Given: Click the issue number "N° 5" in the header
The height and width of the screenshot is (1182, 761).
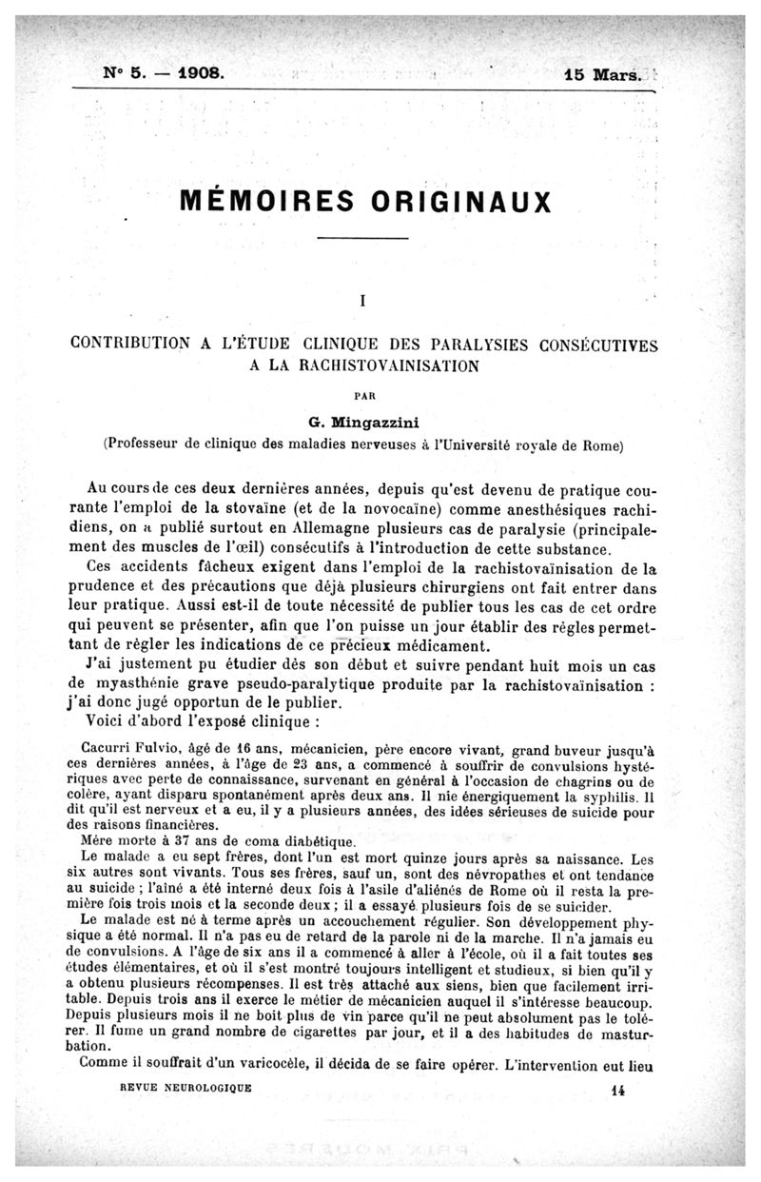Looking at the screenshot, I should tap(124, 72).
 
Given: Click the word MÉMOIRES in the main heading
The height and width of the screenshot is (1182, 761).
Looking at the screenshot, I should tap(260, 203).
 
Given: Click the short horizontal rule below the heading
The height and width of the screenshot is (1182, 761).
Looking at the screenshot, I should tap(362, 237).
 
